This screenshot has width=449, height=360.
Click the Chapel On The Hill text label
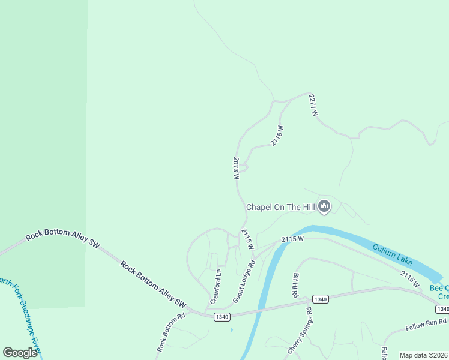(280, 207)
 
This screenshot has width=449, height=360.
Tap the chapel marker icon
(325, 207)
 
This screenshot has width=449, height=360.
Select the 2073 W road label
(236, 169)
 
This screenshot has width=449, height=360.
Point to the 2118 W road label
(277, 135)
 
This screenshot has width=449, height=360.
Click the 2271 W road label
(313, 105)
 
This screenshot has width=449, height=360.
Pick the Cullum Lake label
(393, 255)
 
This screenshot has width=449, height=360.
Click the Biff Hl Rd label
(296, 285)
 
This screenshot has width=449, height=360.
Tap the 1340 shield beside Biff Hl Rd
(320, 299)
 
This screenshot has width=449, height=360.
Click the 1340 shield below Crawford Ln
(222, 316)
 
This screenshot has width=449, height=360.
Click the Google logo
(20, 353)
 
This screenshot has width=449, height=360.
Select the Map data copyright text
(423, 355)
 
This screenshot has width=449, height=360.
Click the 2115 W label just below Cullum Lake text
(411, 278)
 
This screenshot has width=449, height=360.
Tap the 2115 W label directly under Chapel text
(247, 239)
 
